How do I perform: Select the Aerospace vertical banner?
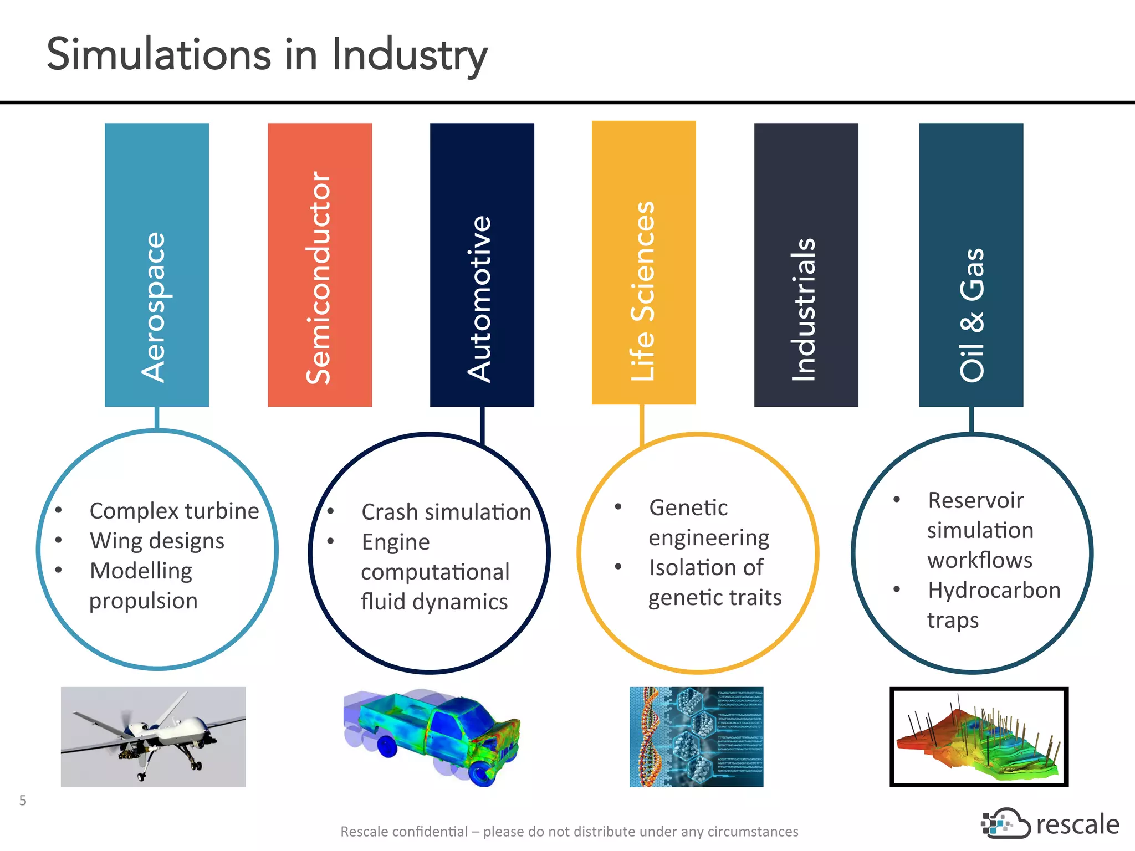click(156, 265)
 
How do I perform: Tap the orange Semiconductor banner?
click(319, 265)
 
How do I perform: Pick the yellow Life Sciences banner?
click(643, 263)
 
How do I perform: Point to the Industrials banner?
click(806, 265)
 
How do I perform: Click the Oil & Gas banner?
click(971, 265)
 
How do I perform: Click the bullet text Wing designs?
click(157, 541)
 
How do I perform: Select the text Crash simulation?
click(446, 512)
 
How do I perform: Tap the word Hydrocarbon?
click(994, 590)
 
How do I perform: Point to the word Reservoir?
click(975, 500)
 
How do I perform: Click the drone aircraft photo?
click(153, 736)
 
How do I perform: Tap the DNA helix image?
click(696, 736)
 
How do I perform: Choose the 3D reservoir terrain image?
click(979, 736)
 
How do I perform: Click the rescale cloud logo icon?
click(1004, 823)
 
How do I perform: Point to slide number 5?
click(23, 800)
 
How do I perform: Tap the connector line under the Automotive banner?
click(482, 424)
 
